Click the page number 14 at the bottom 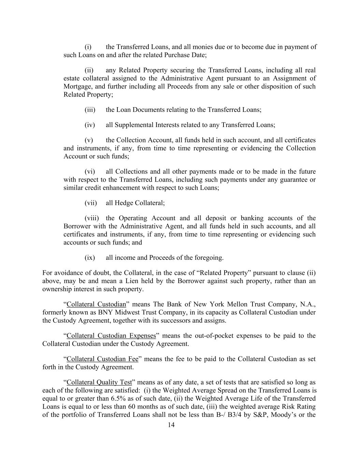pos(171,425)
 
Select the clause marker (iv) pos(90,125)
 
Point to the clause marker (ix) pos(90,258)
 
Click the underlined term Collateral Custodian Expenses pos(111,336)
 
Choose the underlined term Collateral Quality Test pos(99,382)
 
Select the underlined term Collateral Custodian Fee pos(102,359)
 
